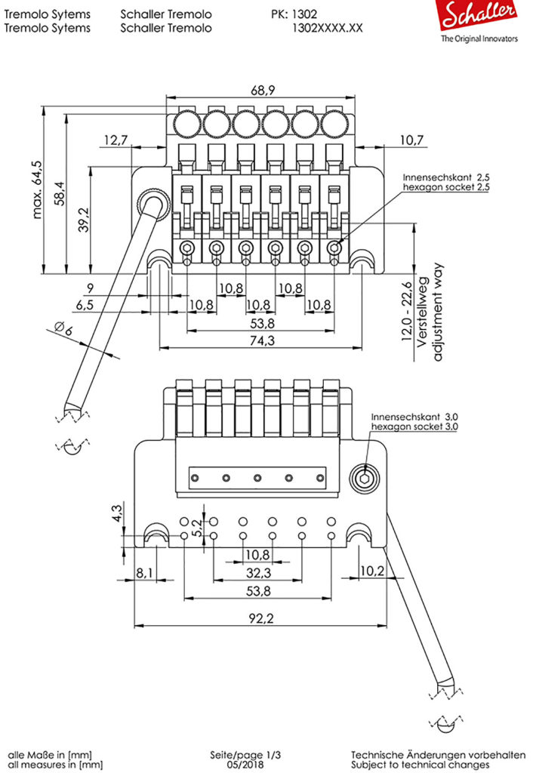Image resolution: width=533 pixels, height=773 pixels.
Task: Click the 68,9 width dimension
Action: point(263,91)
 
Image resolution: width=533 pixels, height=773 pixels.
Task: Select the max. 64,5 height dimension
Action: point(37,189)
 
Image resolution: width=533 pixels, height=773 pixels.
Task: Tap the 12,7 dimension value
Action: point(116,140)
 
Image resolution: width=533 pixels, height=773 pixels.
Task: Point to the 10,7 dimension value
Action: point(411,140)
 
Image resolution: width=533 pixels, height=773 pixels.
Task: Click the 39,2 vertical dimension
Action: point(84,220)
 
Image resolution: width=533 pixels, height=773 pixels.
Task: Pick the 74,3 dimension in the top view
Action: point(262,340)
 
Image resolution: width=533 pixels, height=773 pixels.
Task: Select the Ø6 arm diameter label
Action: point(63,328)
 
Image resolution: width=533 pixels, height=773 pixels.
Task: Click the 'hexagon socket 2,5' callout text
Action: point(446,187)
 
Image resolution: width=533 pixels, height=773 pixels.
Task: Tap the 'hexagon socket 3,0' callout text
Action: point(414,427)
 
